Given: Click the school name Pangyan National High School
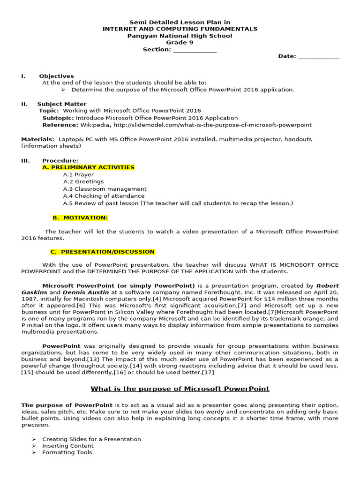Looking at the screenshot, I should pyautogui.click(x=180, y=36).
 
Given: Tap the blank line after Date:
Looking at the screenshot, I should pyautogui.click(x=318, y=57).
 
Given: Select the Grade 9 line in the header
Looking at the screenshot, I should pyautogui.click(x=180, y=43).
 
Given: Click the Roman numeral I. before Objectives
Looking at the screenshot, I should pyautogui.click(x=23, y=76).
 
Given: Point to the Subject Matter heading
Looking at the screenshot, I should pyautogui.click(x=62, y=104).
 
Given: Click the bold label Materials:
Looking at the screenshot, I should pyautogui.click(x=37, y=139).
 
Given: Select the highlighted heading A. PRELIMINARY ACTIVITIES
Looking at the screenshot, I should pyautogui.click(x=88, y=167).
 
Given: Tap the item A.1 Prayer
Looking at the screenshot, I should pyautogui.click(x=78, y=174).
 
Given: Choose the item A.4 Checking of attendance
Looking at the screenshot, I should pyautogui.click(x=104, y=196).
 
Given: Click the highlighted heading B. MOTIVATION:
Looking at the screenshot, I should pyautogui.click(x=80, y=217).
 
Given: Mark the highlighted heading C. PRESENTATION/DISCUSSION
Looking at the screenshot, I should pyautogui.click(x=103, y=252).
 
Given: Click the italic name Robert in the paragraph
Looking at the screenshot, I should pyautogui.click(x=327, y=285).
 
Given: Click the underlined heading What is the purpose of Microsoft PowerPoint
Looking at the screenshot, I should pyautogui.click(x=180, y=389).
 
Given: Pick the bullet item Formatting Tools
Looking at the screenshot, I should pyautogui.click(x=67, y=452).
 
